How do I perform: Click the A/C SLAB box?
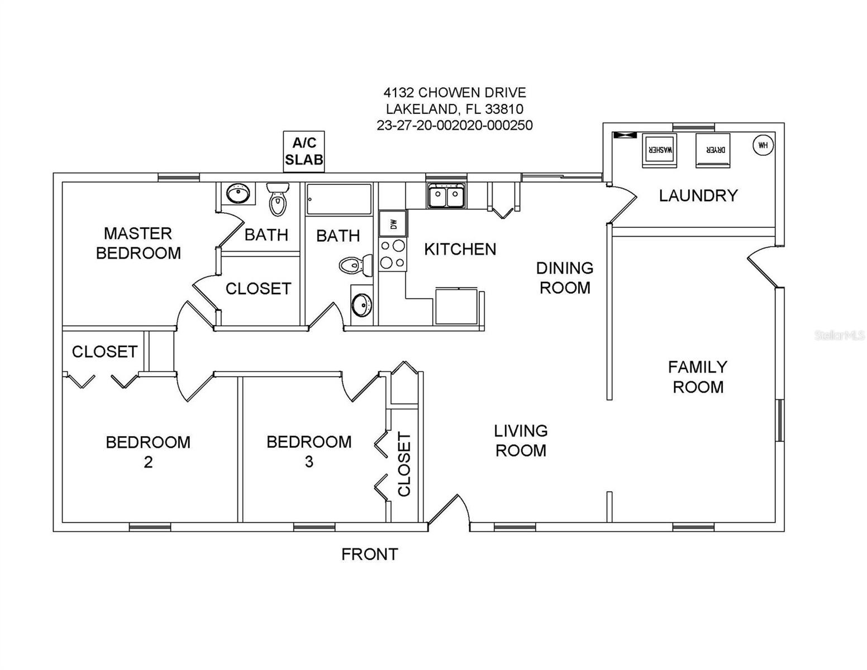pos(304,152)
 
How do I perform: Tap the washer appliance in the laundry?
pos(659,150)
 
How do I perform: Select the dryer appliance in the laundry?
pos(713,150)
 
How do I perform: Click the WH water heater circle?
pos(763,145)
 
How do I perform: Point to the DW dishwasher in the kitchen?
pos(393,224)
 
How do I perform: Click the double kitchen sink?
pos(446,197)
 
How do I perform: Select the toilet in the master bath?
pos(278,199)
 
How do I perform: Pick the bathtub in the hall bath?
pos(339,199)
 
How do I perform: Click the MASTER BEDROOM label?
pos(138,243)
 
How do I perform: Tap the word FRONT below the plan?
pos(369,554)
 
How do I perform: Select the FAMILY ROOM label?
pos(698,377)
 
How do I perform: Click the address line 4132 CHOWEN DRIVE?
pos(454,92)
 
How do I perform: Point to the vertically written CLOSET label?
pos(404,464)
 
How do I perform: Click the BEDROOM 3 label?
pos(309,451)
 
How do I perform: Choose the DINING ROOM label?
pos(564,277)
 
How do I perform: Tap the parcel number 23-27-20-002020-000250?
pos(454,125)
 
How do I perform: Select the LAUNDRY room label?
pos(698,195)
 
